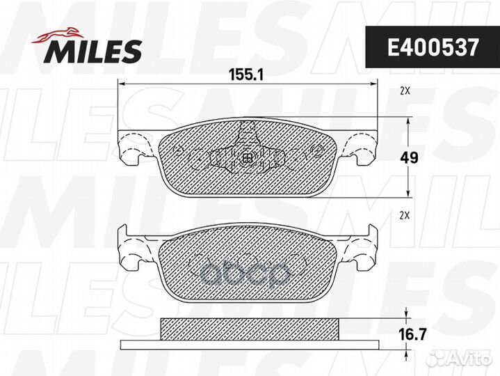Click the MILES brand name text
click(94, 51)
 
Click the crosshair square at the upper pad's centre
click(248, 158)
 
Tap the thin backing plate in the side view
click(248, 345)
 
